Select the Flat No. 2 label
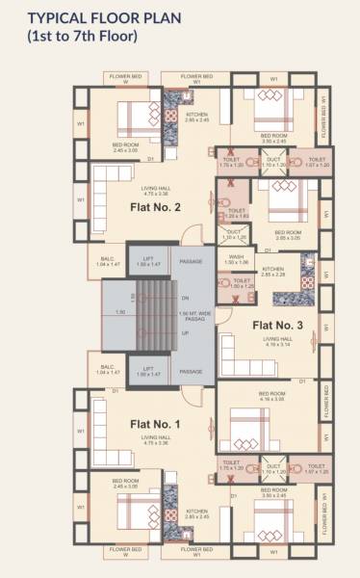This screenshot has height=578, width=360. click(x=155, y=206)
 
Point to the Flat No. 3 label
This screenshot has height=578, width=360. click(x=278, y=326)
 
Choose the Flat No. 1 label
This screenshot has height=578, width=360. click(x=155, y=423)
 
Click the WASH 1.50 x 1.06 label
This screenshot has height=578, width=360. click(x=237, y=261)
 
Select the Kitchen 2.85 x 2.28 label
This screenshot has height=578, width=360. click(x=273, y=272)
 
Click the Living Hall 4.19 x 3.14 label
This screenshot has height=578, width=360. click(x=278, y=342)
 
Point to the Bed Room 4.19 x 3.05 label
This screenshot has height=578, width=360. click(x=271, y=397)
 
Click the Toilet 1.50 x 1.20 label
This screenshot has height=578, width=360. click(x=243, y=284)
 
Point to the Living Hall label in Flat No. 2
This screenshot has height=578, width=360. click(x=155, y=190)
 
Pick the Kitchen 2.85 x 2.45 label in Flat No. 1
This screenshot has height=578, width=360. click(x=196, y=514)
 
